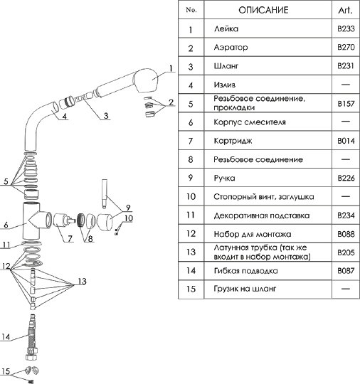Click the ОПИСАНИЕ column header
(x=263, y=10)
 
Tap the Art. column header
(x=345, y=10)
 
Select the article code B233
(x=346, y=28)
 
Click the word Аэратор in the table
(x=231, y=47)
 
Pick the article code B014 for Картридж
(x=346, y=141)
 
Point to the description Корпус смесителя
(x=250, y=122)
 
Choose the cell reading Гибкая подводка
(x=245, y=271)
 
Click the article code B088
(x=346, y=234)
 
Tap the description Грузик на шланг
(x=245, y=289)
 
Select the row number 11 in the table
(x=191, y=215)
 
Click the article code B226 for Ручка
(x=346, y=178)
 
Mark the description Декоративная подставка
(x=262, y=215)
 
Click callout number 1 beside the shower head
(x=171, y=68)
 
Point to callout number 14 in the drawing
(x=6, y=337)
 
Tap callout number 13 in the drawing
(x=83, y=281)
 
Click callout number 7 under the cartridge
(x=70, y=238)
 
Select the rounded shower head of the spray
(x=146, y=80)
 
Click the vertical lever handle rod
(x=105, y=194)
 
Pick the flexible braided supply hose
(x=32, y=338)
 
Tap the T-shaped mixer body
(x=34, y=221)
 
